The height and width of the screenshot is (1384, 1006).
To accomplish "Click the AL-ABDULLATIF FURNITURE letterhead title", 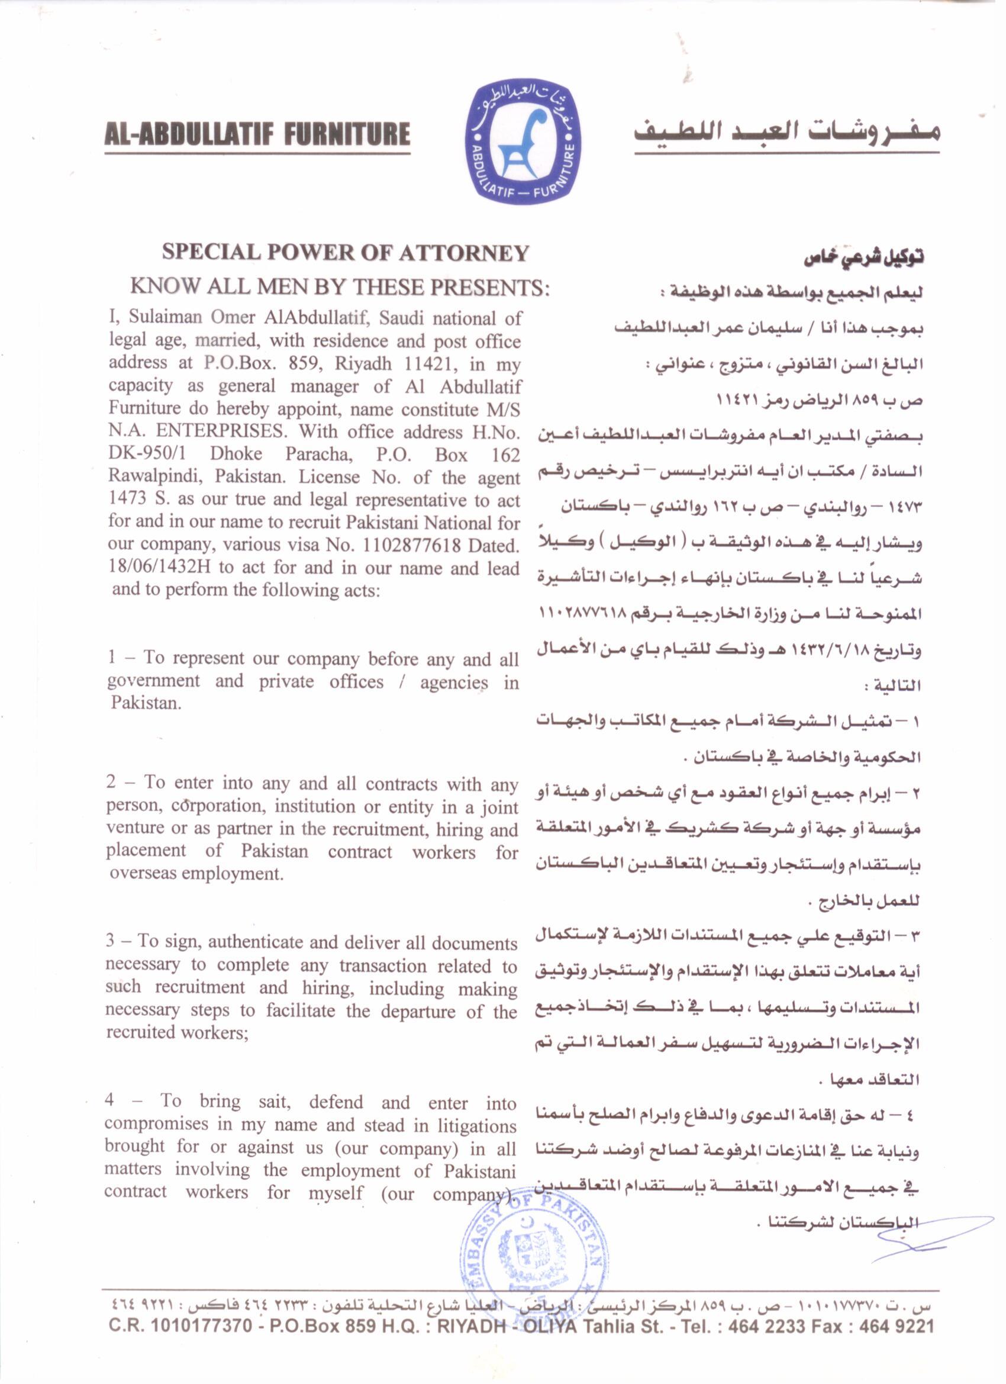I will click(257, 133).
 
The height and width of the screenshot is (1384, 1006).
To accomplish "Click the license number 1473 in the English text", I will click(127, 499).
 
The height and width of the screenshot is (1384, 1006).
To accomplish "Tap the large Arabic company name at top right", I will click(786, 134).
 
